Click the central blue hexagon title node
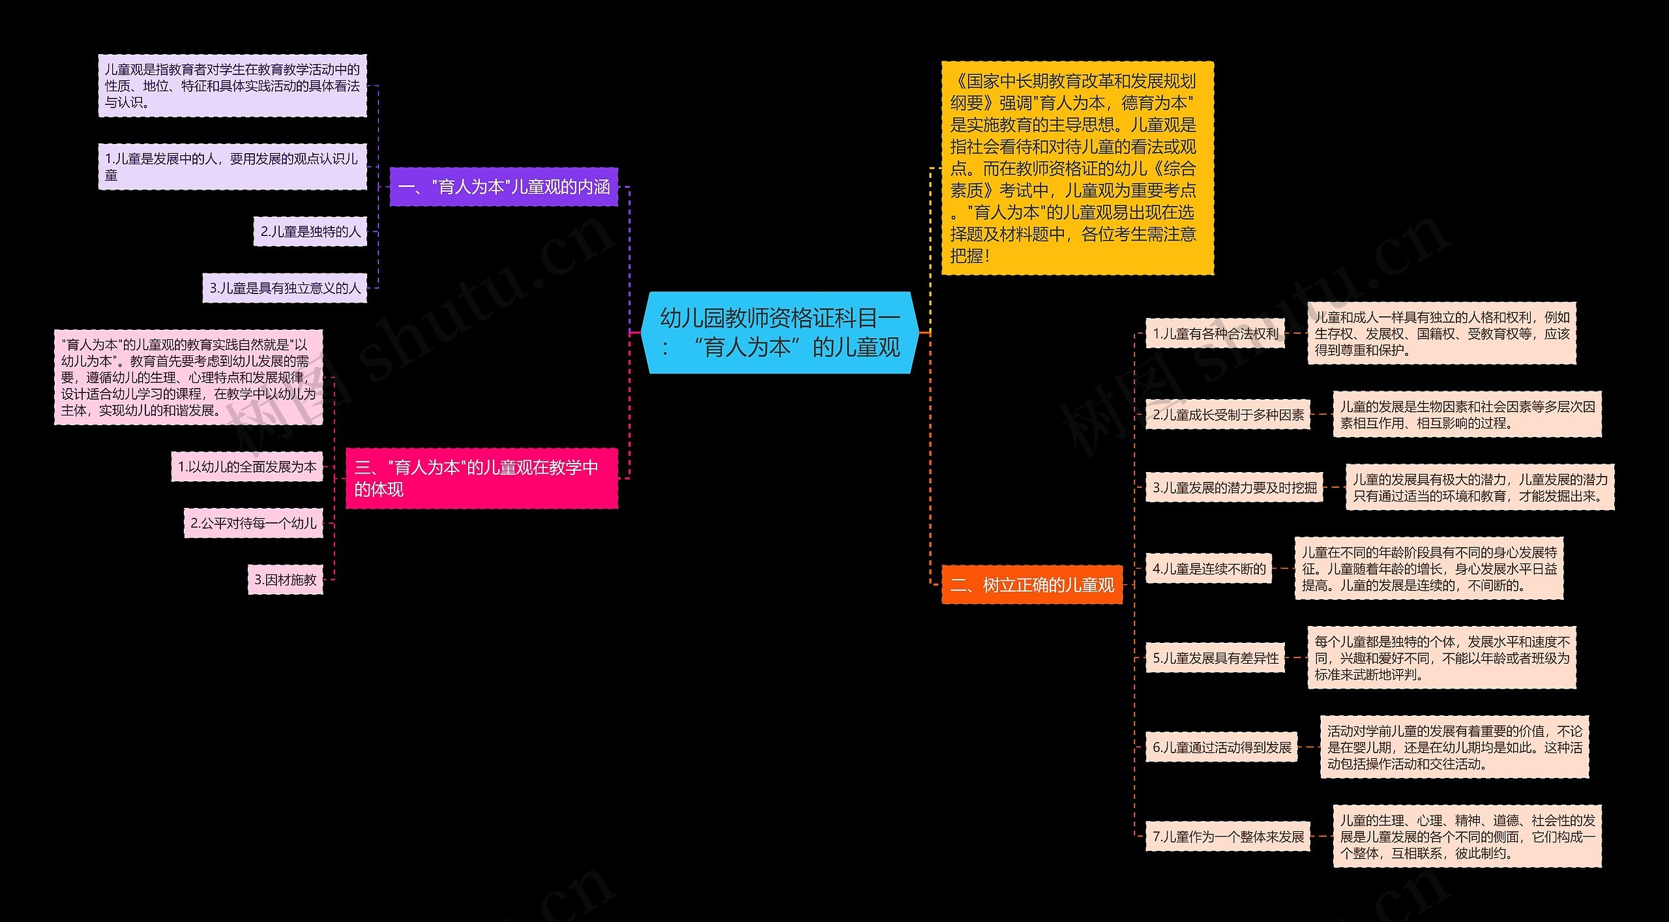pos(780,333)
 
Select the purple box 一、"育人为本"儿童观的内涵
pos(503,187)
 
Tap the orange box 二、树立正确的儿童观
pos(1032,585)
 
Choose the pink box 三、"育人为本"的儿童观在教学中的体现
pos(481,478)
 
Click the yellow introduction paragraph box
pos(1077,168)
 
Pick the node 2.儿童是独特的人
pos(310,231)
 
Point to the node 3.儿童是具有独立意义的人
pos(285,288)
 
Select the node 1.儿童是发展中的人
pos(232,167)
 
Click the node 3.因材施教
pos(286,580)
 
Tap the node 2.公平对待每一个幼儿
pos(254,523)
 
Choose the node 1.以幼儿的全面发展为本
pos(247,467)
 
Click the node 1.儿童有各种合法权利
pos(1215,334)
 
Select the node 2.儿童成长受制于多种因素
pos(1228,415)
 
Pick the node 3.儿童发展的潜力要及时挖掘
pos(1234,488)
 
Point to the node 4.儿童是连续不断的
pos(1209,569)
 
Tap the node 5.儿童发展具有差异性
pos(1215,658)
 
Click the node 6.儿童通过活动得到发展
pos(1222,747)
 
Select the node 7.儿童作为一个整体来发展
pos(1228,837)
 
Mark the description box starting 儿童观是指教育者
pos(232,86)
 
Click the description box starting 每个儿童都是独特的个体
pos(1441,658)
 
